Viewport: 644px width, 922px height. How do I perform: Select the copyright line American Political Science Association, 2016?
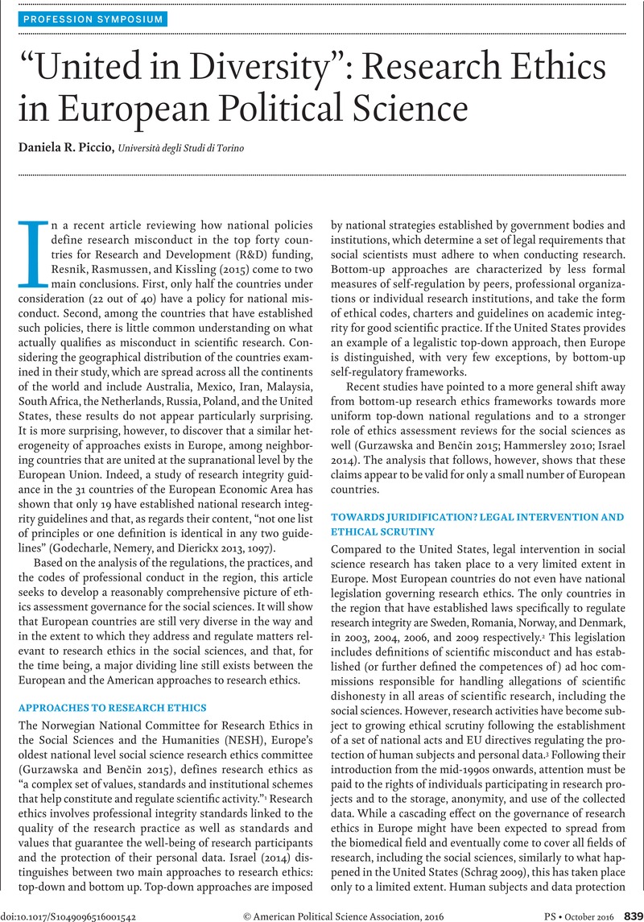pos(338,915)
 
